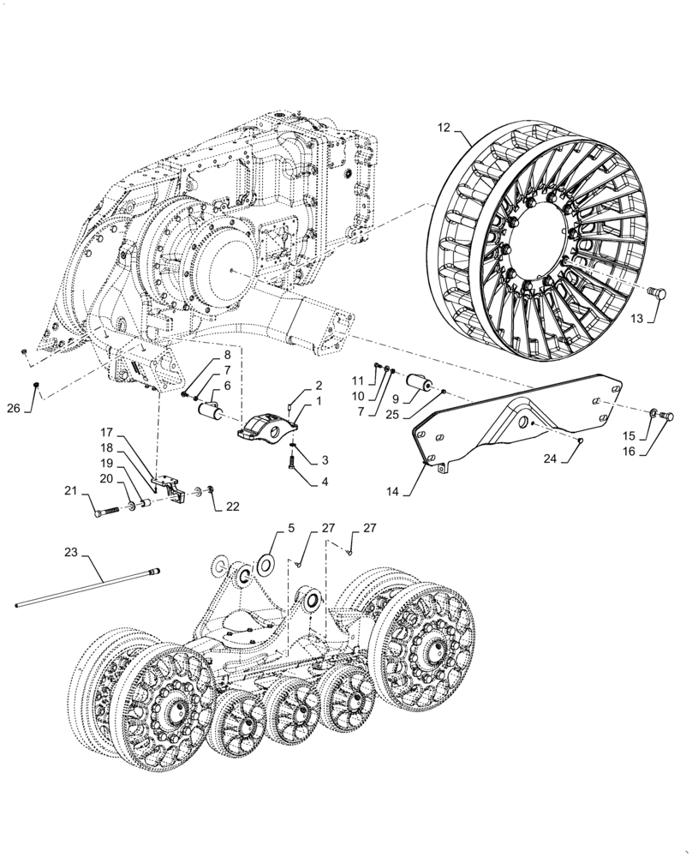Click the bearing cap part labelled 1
pyautogui.click(x=267, y=426)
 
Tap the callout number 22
pyautogui.click(x=233, y=506)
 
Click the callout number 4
pyautogui.click(x=325, y=482)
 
